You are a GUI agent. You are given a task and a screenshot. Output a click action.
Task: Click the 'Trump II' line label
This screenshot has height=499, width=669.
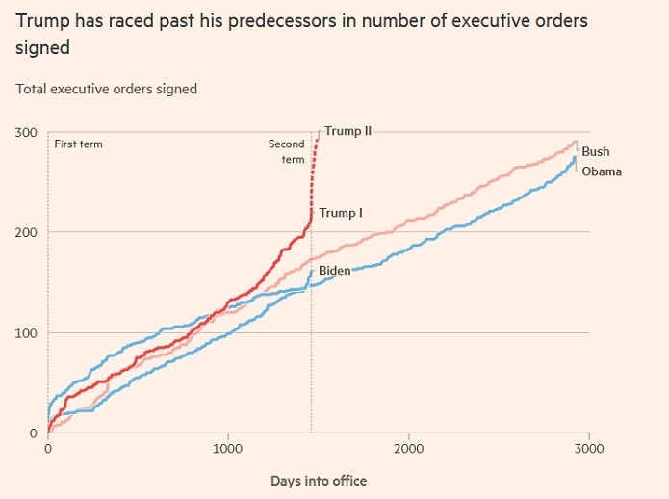pos(348,131)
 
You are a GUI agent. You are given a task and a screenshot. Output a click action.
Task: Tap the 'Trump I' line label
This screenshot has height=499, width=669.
pos(341,213)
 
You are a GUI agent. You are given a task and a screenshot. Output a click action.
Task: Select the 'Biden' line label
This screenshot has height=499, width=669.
pos(334,271)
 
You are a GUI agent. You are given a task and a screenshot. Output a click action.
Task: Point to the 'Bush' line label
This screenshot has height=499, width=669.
pos(596,151)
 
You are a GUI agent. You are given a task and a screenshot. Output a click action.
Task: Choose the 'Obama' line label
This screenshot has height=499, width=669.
pos(602,171)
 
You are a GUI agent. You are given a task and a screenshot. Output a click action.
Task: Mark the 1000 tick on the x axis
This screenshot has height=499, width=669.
pos(228,449)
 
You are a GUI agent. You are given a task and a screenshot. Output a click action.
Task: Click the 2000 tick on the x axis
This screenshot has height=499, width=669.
pos(409,449)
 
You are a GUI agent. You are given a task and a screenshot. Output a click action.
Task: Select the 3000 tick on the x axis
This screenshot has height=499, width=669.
pos(589,449)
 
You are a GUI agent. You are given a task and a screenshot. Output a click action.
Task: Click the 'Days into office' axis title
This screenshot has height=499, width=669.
pos(318,480)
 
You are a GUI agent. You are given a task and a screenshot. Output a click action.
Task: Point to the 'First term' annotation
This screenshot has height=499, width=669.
pos(78,144)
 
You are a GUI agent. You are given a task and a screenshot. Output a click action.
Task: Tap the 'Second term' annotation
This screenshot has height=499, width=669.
pos(286,151)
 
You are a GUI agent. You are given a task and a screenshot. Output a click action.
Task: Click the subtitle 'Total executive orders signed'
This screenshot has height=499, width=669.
pos(106,89)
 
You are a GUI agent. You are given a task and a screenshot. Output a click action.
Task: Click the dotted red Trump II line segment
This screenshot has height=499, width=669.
pos(313,173)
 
